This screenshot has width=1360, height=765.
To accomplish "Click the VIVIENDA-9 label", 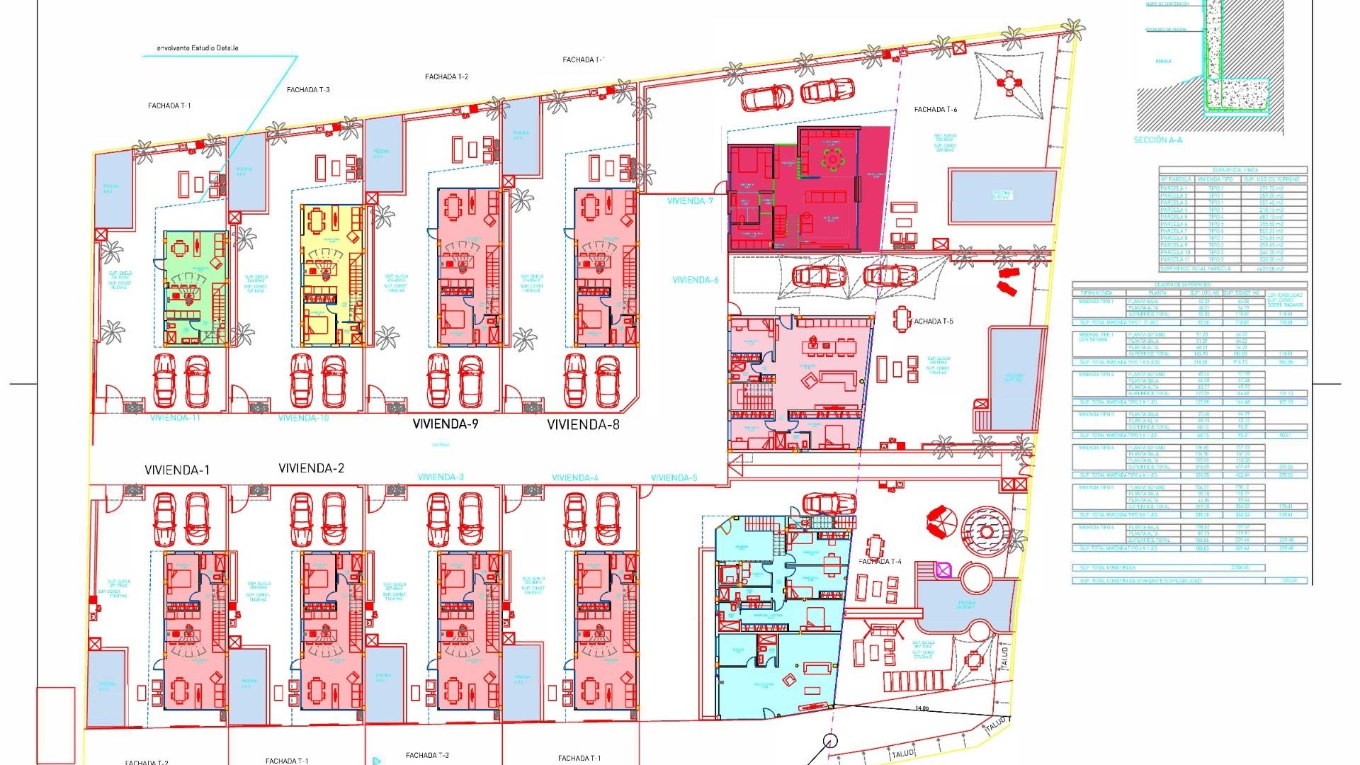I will (x=446, y=424).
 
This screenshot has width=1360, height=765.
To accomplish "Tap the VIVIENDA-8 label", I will (x=583, y=425).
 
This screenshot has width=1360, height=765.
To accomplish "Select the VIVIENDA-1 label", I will (x=176, y=470).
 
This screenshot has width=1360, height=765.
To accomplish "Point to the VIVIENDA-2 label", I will (x=311, y=468).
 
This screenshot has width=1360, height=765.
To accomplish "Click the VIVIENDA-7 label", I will (x=690, y=201).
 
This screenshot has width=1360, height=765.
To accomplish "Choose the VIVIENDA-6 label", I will (x=695, y=280).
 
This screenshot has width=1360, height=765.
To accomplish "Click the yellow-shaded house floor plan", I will (x=331, y=275).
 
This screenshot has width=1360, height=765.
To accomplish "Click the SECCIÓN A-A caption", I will (x=1157, y=140).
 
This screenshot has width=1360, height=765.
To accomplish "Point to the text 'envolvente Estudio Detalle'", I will (x=197, y=48).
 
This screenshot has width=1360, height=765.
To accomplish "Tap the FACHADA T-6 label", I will (x=935, y=110).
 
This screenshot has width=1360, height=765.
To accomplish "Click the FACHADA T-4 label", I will (x=880, y=562).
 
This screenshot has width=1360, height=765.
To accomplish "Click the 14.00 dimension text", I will (x=922, y=708).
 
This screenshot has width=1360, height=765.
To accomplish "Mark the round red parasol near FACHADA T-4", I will (x=941, y=523).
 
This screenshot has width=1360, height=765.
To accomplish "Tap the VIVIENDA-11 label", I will (x=175, y=418).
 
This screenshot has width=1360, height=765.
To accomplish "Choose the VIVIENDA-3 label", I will (x=441, y=477).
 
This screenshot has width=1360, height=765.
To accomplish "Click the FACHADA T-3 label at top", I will (x=308, y=90).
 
